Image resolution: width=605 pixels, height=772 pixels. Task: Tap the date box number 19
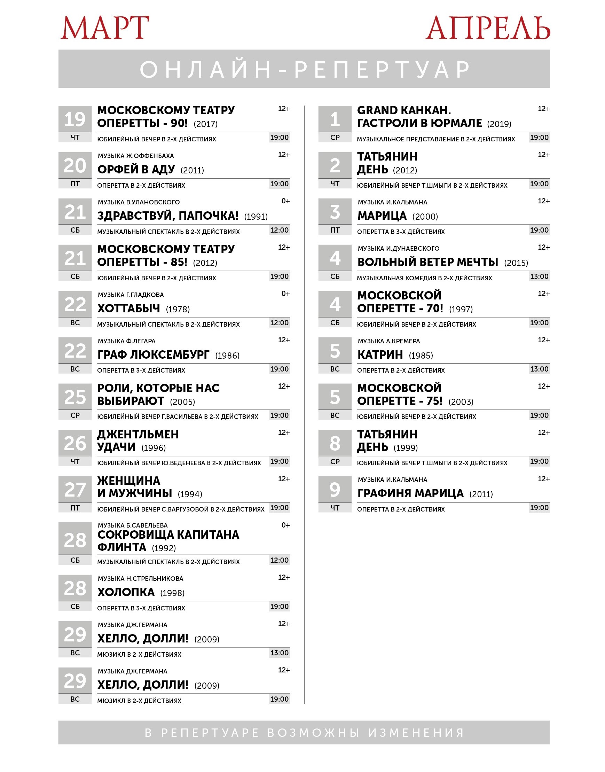click(75, 119)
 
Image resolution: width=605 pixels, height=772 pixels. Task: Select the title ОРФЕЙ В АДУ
click(136, 170)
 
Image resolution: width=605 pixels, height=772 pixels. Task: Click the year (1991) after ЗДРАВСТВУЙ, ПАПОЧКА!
click(256, 217)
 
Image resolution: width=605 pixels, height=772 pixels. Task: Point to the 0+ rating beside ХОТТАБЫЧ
click(285, 294)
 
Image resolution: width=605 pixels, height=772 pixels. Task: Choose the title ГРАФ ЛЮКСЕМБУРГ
click(154, 354)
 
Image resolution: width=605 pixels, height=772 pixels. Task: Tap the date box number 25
click(75, 397)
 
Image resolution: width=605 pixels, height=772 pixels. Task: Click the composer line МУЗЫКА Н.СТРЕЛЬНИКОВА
click(141, 578)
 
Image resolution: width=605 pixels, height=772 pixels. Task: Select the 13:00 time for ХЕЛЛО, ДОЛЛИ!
click(279, 653)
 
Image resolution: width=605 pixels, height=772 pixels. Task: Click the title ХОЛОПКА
click(126, 592)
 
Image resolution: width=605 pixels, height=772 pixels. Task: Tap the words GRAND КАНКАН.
click(404, 110)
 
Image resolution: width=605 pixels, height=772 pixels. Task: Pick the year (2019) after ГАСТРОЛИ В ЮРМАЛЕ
click(499, 124)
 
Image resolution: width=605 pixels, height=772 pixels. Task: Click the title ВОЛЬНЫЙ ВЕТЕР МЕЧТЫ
click(427, 262)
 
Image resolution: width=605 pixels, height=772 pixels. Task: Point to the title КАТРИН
click(380, 354)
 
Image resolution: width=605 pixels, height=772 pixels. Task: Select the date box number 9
click(335, 490)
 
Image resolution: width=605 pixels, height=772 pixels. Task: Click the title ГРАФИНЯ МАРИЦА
click(410, 493)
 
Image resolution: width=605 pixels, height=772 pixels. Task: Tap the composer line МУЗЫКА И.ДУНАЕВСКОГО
click(398, 248)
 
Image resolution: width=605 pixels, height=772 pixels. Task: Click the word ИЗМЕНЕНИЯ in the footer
click(416, 732)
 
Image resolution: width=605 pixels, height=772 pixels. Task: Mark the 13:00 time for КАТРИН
click(539, 369)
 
